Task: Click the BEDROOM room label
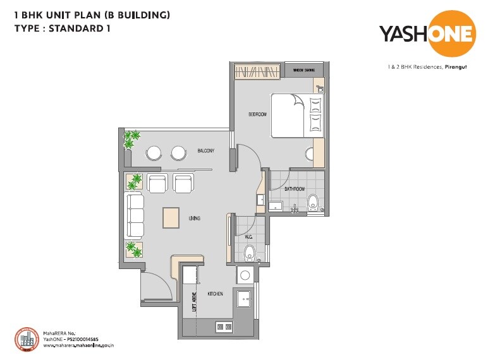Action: coord(257,114)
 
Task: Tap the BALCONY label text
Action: coord(206,150)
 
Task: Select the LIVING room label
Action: coord(194,219)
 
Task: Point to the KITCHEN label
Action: coord(215,294)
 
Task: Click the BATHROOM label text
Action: coord(295,189)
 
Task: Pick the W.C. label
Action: coord(248,237)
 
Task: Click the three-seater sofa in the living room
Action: coord(135,217)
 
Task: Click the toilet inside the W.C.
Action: coord(249,254)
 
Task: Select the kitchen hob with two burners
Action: coord(224,326)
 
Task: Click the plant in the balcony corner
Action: coord(131,140)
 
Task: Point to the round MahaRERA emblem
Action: coord(27,340)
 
